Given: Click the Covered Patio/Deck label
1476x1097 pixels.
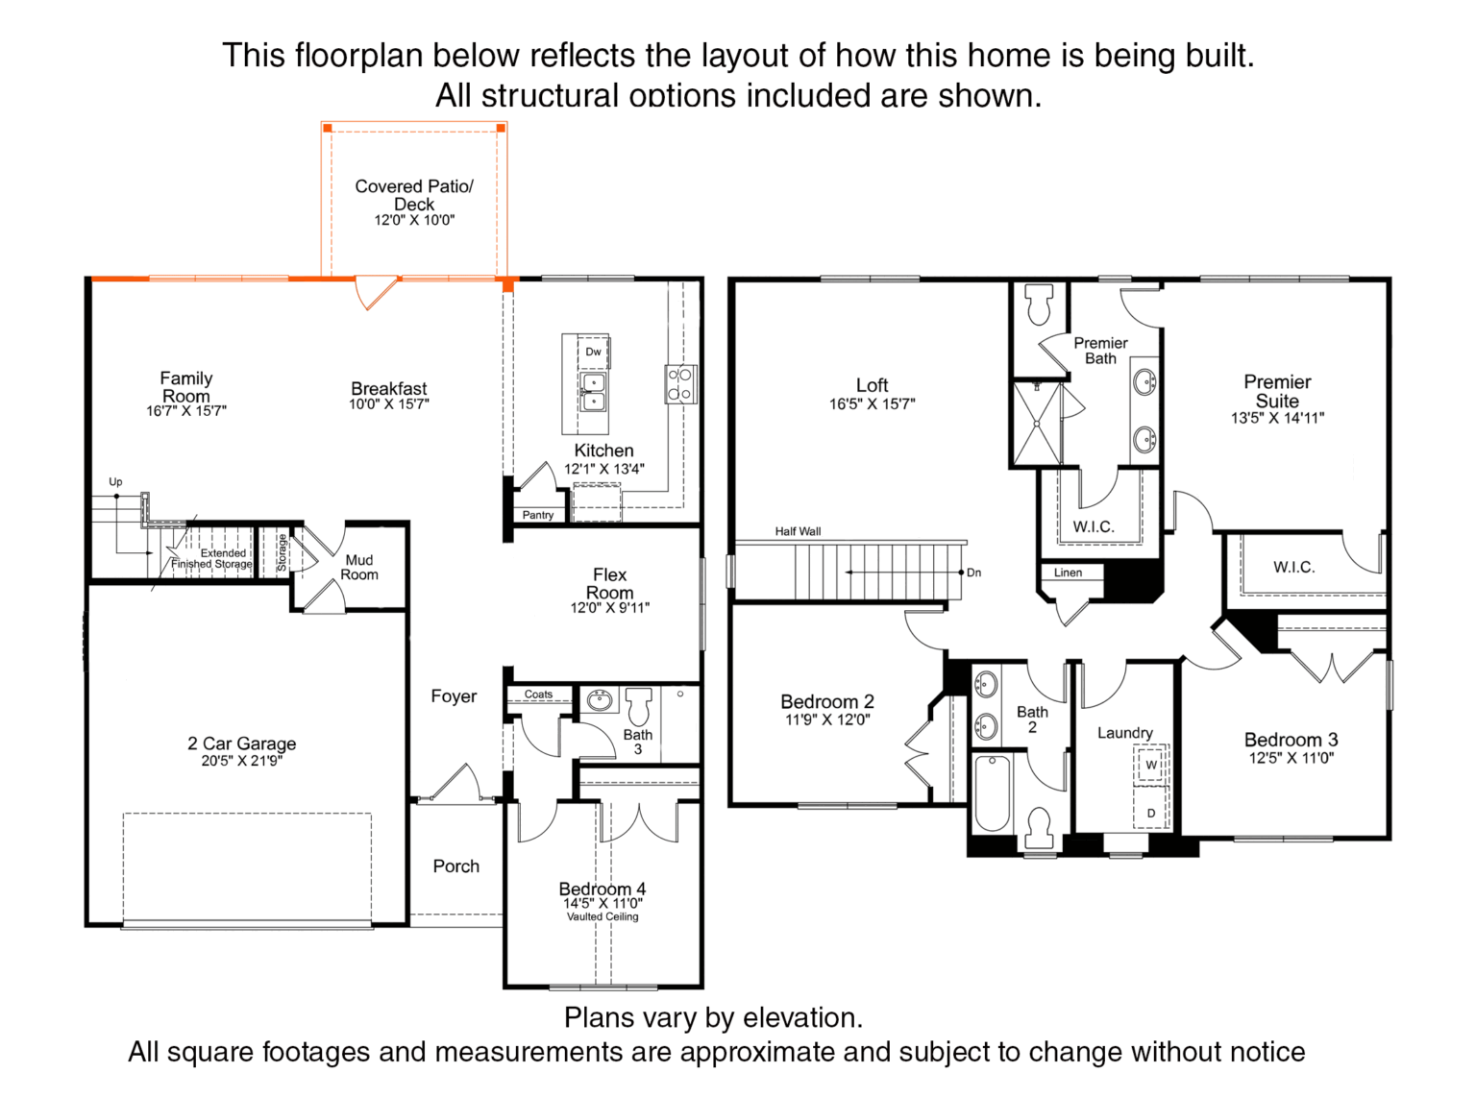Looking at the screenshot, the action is [x=414, y=195].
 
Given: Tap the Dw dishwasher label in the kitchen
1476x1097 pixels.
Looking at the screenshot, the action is [x=593, y=352].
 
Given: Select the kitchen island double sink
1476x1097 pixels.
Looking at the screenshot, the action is [x=592, y=393].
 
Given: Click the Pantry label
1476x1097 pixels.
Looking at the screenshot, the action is [x=538, y=515].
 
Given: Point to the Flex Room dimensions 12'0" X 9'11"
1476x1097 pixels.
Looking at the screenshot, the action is [x=609, y=607].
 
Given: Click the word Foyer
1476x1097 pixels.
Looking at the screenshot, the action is [x=454, y=696].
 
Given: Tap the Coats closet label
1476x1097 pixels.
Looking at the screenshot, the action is [x=538, y=695].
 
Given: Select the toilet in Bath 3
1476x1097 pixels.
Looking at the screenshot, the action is [x=639, y=706].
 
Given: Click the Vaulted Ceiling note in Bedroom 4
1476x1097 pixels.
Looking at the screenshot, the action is [x=603, y=916].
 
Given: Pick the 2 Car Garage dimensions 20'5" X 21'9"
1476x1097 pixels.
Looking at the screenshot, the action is [x=241, y=761].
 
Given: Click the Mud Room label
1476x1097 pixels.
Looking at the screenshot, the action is [x=359, y=568].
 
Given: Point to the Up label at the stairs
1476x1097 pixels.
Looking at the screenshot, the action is [x=115, y=481].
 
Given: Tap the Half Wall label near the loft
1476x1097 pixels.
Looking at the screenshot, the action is [x=798, y=531].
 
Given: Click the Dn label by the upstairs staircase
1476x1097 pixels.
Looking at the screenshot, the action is [x=974, y=573].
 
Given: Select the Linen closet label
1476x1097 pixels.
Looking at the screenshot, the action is [x=1068, y=573].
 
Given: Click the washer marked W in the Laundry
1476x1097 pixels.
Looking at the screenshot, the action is [x=1151, y=765].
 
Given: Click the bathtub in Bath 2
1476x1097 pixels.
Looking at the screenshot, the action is [x=993, y=793].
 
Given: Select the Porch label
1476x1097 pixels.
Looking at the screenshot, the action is [x=455, y=866].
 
